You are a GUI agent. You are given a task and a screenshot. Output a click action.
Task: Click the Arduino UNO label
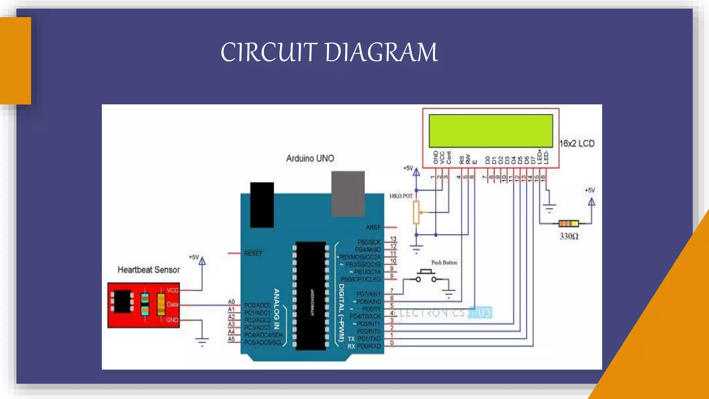click(310, 159)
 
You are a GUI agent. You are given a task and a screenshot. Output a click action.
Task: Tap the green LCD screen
click(491, 131)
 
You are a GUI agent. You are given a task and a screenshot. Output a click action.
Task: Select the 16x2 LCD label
click(577, 143)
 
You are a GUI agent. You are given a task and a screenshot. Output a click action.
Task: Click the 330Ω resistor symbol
click(568, 223)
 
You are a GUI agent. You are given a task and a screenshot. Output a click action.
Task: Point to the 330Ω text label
click(569, 237)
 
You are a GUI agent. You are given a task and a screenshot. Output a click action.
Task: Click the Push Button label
click(444, 263)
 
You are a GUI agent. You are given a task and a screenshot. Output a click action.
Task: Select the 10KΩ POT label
click(401, 196)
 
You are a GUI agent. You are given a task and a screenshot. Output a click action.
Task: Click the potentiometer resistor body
click(416, 212)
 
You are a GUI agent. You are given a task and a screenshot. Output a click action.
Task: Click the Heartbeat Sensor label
click(149, 270)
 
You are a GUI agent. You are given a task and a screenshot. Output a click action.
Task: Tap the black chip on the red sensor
click(122, 302)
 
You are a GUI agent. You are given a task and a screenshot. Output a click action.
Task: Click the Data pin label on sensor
click(172, 304)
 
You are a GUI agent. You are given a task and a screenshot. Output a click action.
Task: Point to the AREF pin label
click(373, 228)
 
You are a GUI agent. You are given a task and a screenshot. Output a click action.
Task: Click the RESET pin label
click(253, 254)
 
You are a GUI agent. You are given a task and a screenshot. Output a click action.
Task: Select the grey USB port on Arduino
click(348, 194)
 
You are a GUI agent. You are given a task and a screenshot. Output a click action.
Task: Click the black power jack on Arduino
click(262, 205)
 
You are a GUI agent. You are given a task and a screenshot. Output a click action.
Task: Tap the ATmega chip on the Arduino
click(311, 295)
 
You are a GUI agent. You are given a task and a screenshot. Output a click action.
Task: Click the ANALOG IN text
click(277, 309)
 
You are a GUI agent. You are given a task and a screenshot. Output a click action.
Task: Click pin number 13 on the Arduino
click(393, 239)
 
